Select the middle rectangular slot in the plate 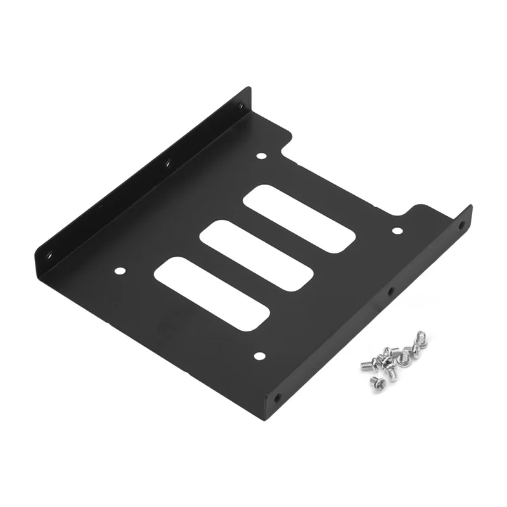(x=257, y=255)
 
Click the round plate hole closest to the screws (x=259, y=356)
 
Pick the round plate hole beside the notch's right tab (x=397, y=231)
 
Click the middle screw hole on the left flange (x=168, y=165)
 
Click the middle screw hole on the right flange (x=389, y=293)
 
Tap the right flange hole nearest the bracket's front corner (x=277, y=399)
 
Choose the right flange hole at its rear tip (x=461, y=224)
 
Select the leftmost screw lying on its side (x=367, y=364)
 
